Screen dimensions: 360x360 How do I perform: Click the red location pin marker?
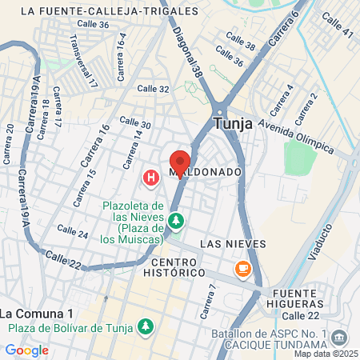pyautogui.click(x=180, y=160)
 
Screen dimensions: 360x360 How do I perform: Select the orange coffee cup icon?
pyautogui.click(x=242, y=267)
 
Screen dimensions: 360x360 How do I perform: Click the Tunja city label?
pyautogui.click(x=234, y=124)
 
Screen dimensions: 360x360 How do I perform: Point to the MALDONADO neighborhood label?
pyautogui.click(x=205, y=172)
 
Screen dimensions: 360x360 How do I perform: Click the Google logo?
pyautogui.click(x=26, y=350)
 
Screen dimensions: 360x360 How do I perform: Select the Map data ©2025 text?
pyautogui.click(x=325, y=354)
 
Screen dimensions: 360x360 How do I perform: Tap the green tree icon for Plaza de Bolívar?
pyautogui.click(x=145, y=326)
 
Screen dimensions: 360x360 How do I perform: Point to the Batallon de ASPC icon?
pyautogui.click(x=338, y=338)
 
